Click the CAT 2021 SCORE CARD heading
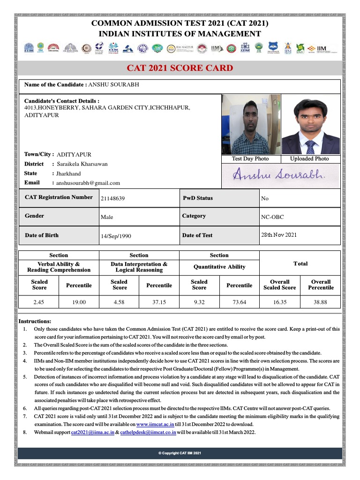pos(180,68)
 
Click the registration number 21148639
pos(112,199)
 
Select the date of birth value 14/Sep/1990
pos(116,236)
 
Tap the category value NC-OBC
pos(272,217)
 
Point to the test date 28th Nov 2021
pos(278,235)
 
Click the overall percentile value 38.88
pos(321,302)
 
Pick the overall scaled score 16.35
pos(280,302)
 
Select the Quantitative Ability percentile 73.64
pos(239,302)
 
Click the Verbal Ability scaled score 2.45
pos(39,302)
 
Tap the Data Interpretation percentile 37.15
pos(159,302)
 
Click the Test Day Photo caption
pos(250,159)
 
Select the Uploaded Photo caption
pos(309,159)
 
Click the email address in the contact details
pos(88,183)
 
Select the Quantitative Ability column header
pos(219,267)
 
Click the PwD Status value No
pos(265,198)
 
